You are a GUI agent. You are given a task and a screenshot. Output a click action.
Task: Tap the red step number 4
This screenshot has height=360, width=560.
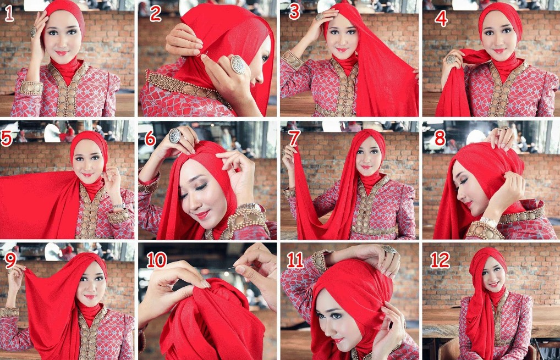pos(441,18)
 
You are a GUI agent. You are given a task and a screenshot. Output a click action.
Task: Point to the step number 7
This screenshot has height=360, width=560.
pos(294,138)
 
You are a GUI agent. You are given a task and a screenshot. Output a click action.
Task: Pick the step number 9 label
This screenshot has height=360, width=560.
pos(10,261)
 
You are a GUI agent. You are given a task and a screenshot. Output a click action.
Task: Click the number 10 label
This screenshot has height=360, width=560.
pos(157,260)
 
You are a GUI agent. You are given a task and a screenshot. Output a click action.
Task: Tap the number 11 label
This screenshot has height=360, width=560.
pos(295,260)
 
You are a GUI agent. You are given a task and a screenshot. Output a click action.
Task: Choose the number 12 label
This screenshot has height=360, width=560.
pos(440,260)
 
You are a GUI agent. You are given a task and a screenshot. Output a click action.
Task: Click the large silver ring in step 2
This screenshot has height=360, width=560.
pos(238,64)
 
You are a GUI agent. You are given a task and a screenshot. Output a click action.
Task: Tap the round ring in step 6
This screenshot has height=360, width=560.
pos(174,136)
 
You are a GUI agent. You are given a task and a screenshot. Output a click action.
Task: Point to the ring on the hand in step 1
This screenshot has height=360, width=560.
pos(33,32)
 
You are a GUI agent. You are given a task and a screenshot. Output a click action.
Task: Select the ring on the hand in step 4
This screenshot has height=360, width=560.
pos(451,59)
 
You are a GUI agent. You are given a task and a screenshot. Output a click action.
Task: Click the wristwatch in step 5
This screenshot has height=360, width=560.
pos(119,206)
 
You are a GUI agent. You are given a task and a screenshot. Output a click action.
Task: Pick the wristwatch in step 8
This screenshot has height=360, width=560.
pos(488,222)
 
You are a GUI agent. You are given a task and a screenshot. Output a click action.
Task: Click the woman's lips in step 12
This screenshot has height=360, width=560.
pos(494,284)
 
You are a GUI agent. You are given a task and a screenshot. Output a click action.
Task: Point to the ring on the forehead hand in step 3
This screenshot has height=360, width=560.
pos(320,16)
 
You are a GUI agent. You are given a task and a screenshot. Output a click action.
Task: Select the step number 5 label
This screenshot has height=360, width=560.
pos(7,138)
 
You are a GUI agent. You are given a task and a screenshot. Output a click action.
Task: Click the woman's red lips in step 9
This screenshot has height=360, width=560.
pos(90,297)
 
